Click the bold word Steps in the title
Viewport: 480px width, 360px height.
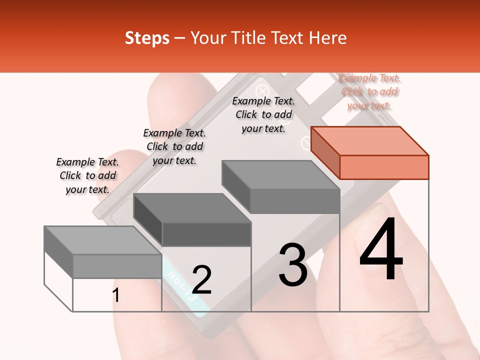pyautogui.click(x=147, y=38)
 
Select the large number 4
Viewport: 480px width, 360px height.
pyautogui.click(x=381, y=249)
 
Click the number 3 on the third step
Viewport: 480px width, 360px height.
pyautogui.click(x=293, y=265)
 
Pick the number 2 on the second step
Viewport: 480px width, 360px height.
pyautogui.click(x=201, y=280)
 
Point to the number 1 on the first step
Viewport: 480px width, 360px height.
pyautogui.click(x=115, y=295)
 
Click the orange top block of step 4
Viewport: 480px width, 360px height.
pyautogui.click(x=370, y=152)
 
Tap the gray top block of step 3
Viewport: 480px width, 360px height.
pyautogui.click(x=281, y=186)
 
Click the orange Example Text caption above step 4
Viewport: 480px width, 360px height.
pyautogui.click(x=369, y=92)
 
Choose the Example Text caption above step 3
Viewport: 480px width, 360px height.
pyautogui.click(x=263, y=115)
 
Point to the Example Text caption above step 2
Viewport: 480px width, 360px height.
pyautogui.click(x=174, y=147)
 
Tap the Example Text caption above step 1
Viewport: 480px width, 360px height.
pyautogui.click(x=87, y=176)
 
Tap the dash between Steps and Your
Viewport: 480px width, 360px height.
pyautogui.click(x=180, y=38)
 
